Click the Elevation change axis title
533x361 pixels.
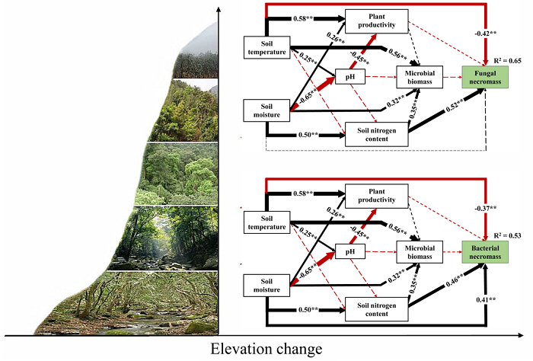click(266, 349)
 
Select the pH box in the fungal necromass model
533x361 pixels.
click(351, 75)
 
